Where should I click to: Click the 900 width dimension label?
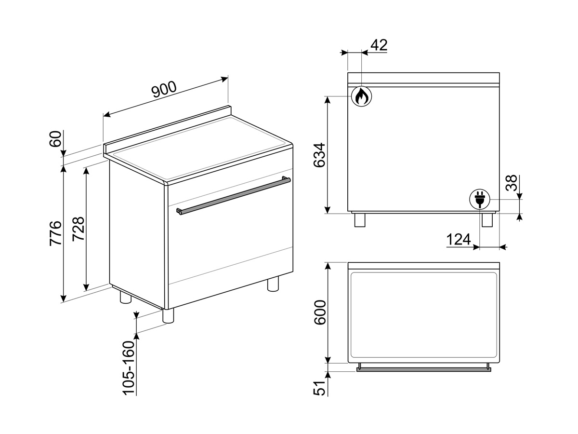click(164, 90)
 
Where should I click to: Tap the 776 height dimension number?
click(56, 233)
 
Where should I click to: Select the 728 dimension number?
click(78, 229)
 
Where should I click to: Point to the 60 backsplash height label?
click(55, 139)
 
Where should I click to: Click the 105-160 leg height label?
click(129, 368)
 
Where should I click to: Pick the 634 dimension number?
click(319, 155)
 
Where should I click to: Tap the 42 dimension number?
click(379, 45)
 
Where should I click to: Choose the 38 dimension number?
click(512, 183)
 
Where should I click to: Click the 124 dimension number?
click(459, 240)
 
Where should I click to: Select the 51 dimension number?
click(319, 388)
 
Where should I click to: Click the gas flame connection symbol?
click(362, 96)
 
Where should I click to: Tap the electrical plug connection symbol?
click(480, 199)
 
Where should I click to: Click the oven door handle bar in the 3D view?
click(233, 195)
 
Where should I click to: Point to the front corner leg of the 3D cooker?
click(168, 315)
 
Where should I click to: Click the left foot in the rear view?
click(360, 220)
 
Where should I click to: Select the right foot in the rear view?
click(487, 220)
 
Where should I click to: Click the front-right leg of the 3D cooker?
click(273, 284)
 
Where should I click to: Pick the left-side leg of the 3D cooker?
click(126, 297)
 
